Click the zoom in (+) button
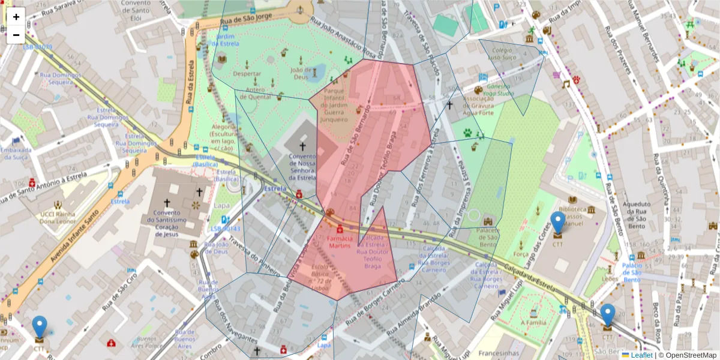[16, 17]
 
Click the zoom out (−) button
[16, 35]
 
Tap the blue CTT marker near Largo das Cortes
[558, 223]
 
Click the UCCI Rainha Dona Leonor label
[56, 218]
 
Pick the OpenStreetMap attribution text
[688, 355]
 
